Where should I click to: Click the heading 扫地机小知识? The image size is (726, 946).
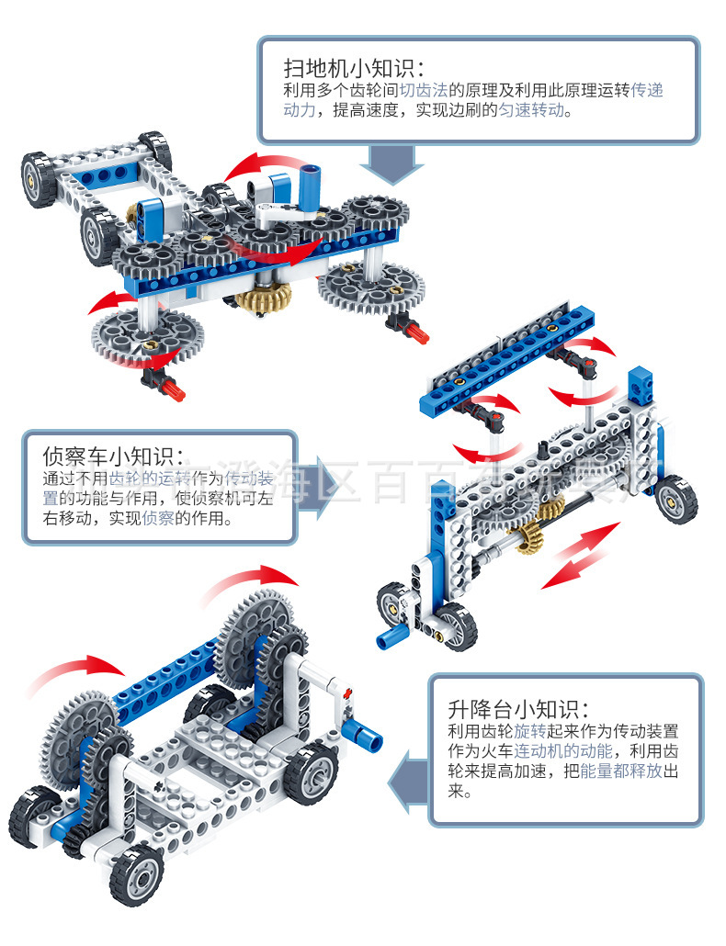tap(354, 68)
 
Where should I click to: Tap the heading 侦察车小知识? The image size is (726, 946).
tap(113, 456)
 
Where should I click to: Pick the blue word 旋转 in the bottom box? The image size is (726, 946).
tap(530, 732)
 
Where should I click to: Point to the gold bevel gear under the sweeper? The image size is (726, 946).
tap(264, 297)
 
